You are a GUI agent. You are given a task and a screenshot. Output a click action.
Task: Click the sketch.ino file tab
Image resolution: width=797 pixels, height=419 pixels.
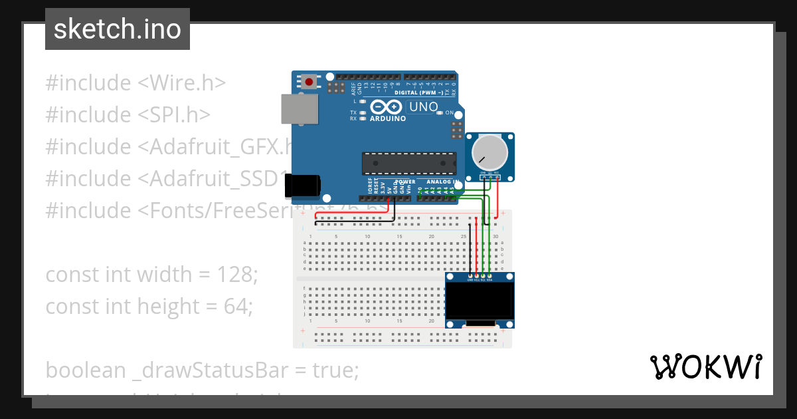click(117, 29)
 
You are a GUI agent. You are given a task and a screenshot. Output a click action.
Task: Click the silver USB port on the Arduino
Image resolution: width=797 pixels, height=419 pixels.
click(299, 108)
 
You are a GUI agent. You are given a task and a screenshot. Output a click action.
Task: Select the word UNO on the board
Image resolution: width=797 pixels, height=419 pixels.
click(423, 107)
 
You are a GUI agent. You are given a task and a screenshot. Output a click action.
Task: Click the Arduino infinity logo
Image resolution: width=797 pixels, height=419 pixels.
click(386, 107)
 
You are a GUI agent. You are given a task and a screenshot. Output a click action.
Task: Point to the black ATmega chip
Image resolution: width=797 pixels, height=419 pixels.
click(409, 164)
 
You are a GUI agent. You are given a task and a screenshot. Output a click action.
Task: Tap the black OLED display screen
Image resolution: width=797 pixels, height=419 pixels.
click(480, 301)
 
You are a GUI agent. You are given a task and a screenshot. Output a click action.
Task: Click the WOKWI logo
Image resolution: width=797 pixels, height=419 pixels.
click(706, 366)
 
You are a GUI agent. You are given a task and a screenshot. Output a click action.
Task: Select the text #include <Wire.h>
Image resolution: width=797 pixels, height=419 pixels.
click(135, 83)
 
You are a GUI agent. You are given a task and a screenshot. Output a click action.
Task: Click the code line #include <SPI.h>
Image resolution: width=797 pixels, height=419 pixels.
click(128, 115)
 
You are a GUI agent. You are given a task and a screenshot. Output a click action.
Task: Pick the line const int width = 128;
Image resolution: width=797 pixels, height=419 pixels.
click(151, 274)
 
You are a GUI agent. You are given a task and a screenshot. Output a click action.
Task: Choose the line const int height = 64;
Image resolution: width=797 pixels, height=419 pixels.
click(149, 306)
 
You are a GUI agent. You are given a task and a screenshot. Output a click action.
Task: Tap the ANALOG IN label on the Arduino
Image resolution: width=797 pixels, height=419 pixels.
click(442, 182)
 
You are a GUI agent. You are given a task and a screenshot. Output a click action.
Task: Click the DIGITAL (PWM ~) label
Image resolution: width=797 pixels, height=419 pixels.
click(417, 92)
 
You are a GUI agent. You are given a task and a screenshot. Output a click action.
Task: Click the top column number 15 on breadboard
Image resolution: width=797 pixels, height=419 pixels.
click(399, 237)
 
